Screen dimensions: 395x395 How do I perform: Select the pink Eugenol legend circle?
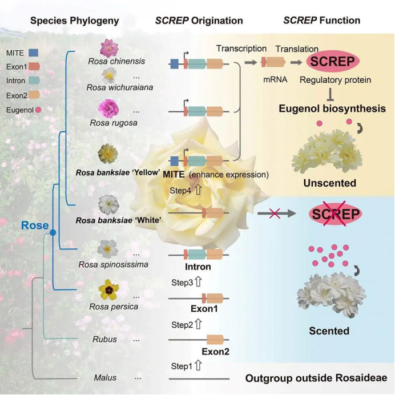pyautogui.click(x=38, y=109)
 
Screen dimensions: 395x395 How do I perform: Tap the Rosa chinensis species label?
pyautogui.click(x=116, y=61)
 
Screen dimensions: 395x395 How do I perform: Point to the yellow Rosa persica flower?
pyautogui.click(x=108, y=290)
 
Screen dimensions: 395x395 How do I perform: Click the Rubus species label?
pyautogui.click(x=104, y=339)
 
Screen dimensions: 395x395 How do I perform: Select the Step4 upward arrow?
pyautogui.click(x=198, y=190)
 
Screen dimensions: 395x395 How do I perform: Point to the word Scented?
pyautogui.click(x=329, y=330)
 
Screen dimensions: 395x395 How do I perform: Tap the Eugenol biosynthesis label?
pyautogui.click(x=332, y=108)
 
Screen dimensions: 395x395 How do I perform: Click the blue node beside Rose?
pyautogui.click(x=53, y=233)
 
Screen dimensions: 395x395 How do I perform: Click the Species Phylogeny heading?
pyautogui.click(x=75, y=21)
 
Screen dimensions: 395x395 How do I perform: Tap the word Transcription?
pyautogui.click(x=241, y=49)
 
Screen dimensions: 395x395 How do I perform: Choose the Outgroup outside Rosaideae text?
pyautogui.click(x=316, y=378)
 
